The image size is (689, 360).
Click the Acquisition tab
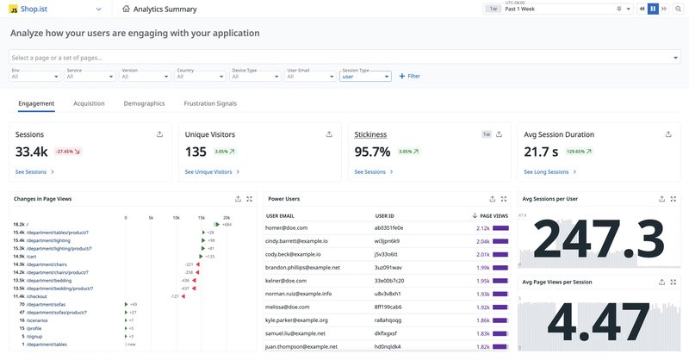coord(89,103)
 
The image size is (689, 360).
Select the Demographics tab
coord(144,103)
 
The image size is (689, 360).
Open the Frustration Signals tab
coord(210,103)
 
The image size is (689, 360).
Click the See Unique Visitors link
coord(208,172)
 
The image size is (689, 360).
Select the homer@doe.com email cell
coord(286,227)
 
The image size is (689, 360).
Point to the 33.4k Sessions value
coord(33,152)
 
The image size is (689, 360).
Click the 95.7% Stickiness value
coord(372,152)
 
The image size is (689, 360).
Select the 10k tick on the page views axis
coord(176,217)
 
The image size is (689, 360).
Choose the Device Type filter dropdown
coord(256,76)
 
